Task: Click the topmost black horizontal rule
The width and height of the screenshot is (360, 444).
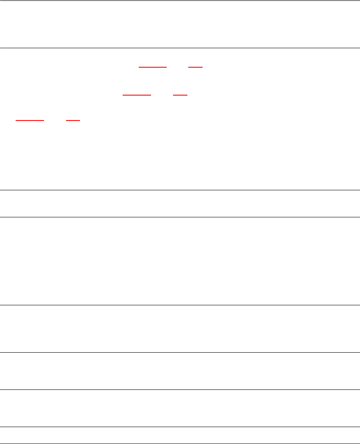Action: point(180,0)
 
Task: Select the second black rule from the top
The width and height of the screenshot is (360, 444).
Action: point(180,48)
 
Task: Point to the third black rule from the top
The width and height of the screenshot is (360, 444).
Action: point(180,190)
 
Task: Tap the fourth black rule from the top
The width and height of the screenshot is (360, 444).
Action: point(180,217)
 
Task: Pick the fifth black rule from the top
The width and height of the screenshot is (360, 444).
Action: point(180,305)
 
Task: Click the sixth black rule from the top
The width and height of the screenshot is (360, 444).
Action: point(180,352)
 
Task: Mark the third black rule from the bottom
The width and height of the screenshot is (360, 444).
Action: point(180,389)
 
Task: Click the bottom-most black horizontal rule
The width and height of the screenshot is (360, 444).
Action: point(180,443)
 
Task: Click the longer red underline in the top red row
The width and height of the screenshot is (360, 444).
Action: point(153,67)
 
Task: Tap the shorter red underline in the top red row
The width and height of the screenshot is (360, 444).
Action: point(195,67)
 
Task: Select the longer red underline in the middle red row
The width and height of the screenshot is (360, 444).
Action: point(137,95)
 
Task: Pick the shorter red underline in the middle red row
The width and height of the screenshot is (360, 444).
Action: point(180,95)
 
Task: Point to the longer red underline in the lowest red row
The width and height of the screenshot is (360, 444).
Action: point(30,121)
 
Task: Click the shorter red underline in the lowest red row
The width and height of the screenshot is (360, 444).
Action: point(73,121)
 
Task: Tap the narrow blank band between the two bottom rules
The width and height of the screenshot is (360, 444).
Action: point(180,435)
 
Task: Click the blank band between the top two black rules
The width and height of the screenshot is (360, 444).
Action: point(180,24)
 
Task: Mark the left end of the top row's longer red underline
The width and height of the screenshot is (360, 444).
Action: point(139,67)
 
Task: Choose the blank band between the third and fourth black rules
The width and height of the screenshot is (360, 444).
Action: point(180,203)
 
